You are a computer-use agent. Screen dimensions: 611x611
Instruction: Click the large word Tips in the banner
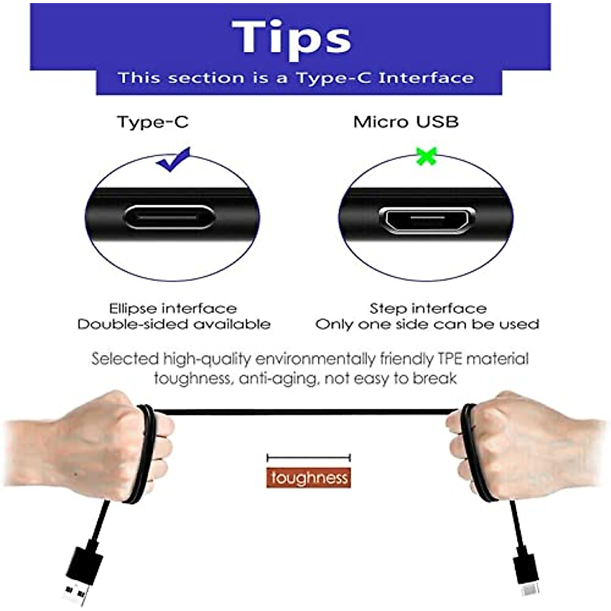[x=291, y=37]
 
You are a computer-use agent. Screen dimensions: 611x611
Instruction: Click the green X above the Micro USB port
[x=426, y=156]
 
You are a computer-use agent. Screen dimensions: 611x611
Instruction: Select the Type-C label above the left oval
[x=153, y=122]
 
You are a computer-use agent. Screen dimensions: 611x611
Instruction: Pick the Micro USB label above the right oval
[x=406, y=122]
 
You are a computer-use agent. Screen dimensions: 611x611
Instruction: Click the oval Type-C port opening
[x=169, y=217]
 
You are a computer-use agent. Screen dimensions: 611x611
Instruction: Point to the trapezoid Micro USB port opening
[x=427, y=220]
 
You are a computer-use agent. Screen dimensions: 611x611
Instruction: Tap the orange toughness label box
[x=309, y=478]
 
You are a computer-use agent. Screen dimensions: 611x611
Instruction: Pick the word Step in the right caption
[x=388, y=309]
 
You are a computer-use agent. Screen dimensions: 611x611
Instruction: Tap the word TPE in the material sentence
[x=450, y=359]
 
